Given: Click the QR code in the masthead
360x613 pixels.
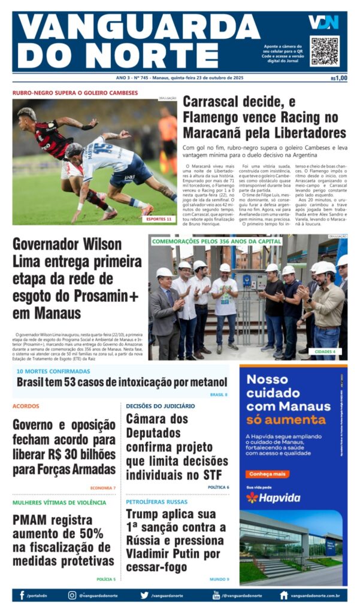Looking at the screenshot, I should (324, 51).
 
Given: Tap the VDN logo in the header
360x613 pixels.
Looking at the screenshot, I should (323, 23).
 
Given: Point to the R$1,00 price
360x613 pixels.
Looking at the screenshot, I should (338, 78).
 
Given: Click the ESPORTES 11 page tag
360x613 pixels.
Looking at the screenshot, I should (159, 219).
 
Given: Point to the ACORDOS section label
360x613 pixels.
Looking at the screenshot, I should (26, 406).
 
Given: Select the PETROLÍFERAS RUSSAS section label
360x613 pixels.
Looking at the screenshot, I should (156, 502).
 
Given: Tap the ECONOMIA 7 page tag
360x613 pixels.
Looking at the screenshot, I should (102, 488).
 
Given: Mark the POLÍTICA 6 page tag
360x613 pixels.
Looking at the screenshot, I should (218, 487).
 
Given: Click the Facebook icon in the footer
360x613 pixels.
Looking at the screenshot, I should (22, 595).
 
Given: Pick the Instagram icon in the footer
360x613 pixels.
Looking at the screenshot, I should (72, 595).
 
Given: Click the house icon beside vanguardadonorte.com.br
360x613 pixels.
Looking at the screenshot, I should (283, 595).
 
